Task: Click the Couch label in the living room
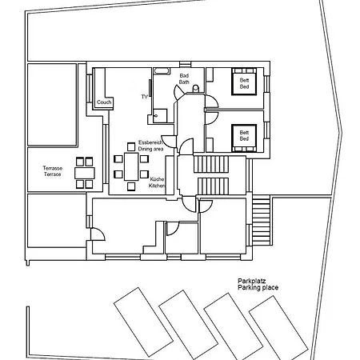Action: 104,102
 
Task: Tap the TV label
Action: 145,97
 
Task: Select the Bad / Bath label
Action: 184,78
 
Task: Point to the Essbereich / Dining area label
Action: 150,145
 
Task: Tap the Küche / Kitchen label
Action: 158,182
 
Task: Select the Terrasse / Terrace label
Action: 52,171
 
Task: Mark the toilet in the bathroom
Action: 161,113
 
